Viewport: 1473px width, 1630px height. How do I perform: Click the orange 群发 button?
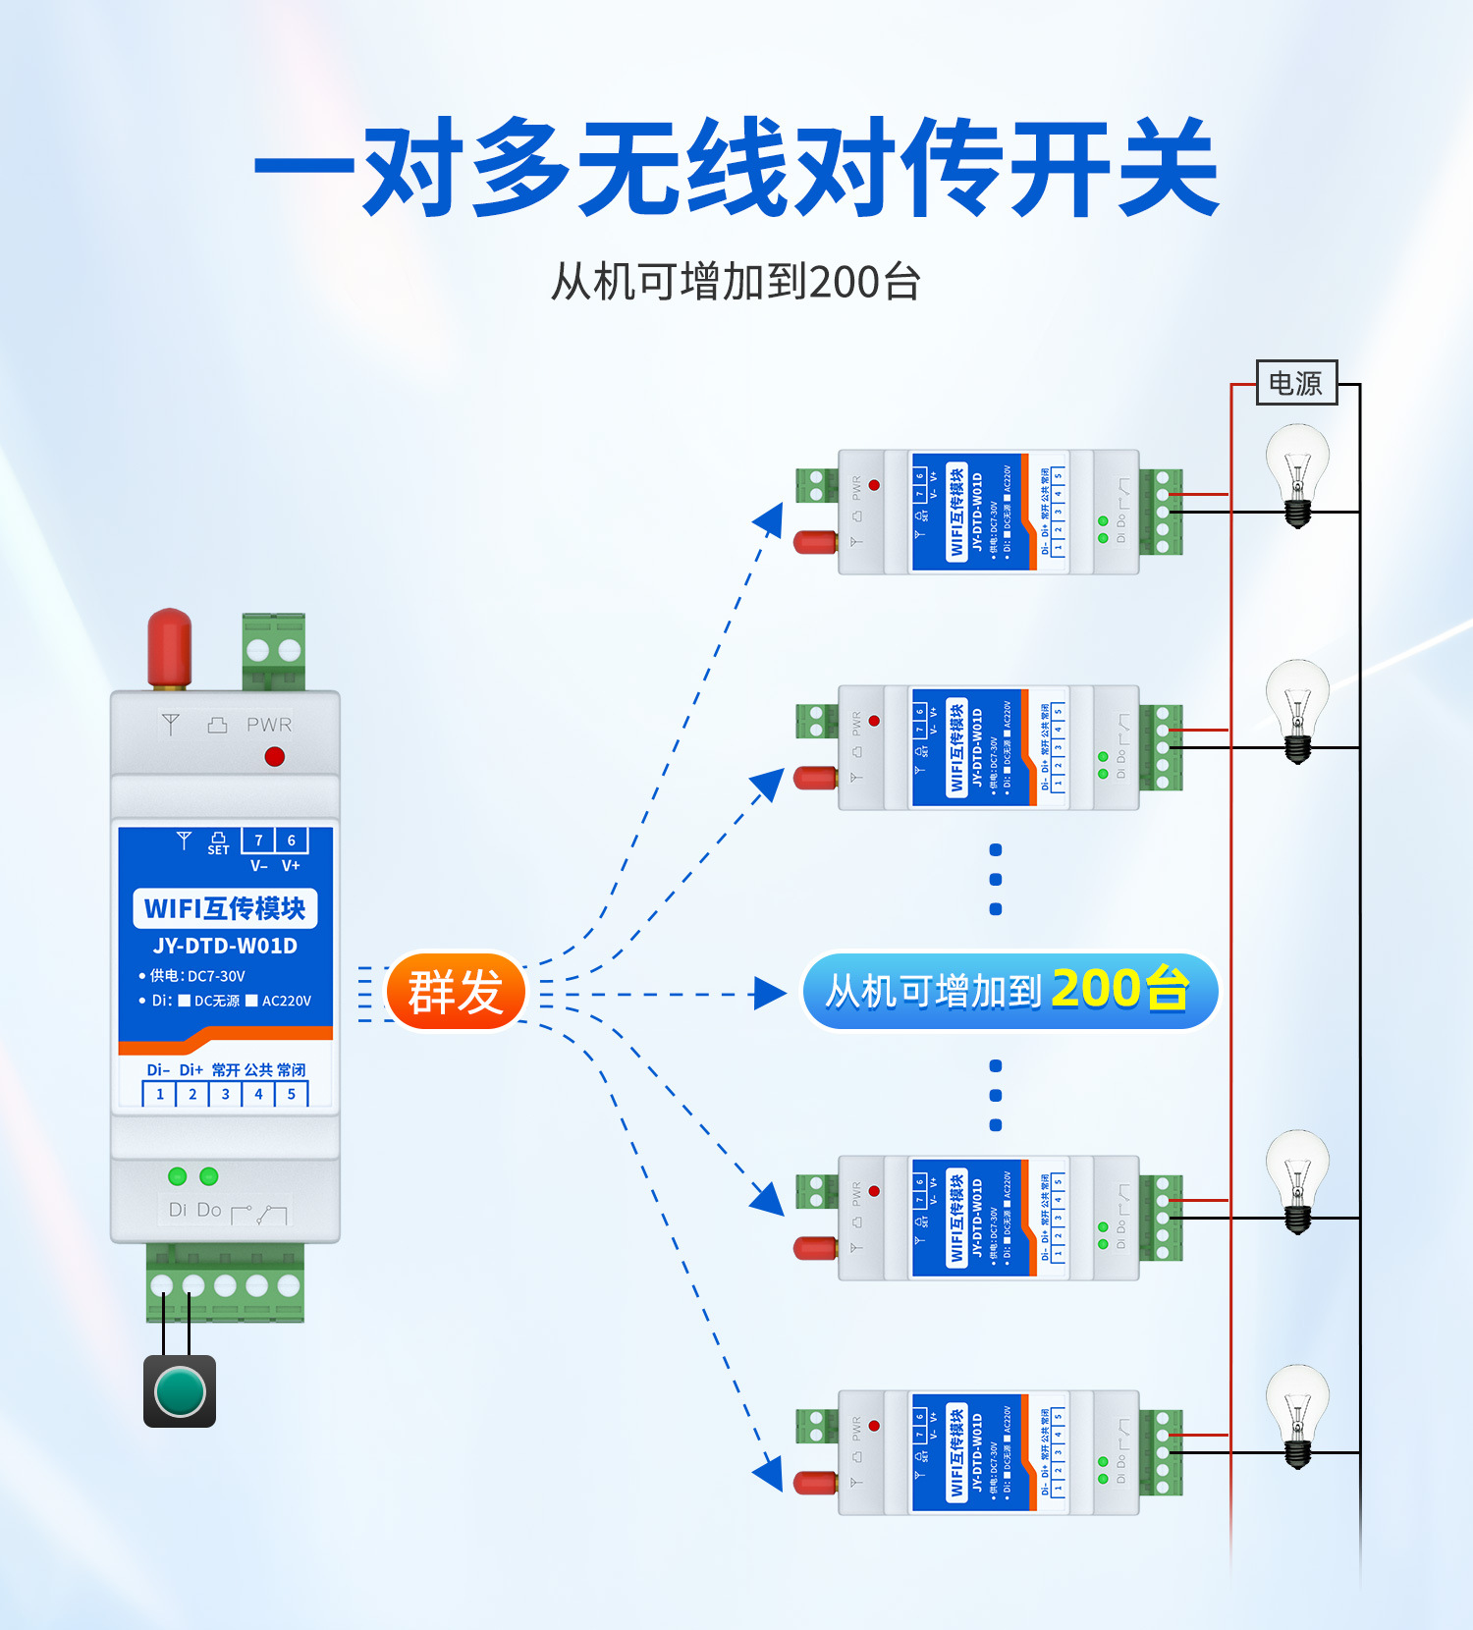[x=456, y=992]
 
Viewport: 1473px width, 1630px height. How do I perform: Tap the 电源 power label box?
[x=1296, y=383]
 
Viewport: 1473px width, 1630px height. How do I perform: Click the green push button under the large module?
[x=180, y=1391]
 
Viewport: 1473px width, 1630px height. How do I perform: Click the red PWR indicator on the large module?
[x=275, y=756]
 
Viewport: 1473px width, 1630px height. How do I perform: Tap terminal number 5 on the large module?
[x=292, y=1094]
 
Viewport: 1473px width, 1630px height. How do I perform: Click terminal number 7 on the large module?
[x=258, y=841]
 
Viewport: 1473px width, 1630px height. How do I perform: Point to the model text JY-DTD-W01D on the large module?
[x=225, y=946]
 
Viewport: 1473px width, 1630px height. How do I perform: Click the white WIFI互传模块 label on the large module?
[x=225, y=908]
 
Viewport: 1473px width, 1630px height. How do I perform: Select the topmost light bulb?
[x=1297, y=471]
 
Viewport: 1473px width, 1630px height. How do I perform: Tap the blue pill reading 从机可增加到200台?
[x=1009, y=991]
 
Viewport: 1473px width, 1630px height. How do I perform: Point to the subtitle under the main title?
[x=736, y=282]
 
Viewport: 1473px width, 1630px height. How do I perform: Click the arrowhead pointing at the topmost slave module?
[x=770, y=518]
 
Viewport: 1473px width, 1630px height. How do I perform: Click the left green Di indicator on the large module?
[x=178, y=1175]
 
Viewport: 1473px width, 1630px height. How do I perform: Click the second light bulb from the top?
[x=1297, y=707]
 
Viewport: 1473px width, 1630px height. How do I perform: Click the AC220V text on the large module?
[x=286, y=1001]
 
